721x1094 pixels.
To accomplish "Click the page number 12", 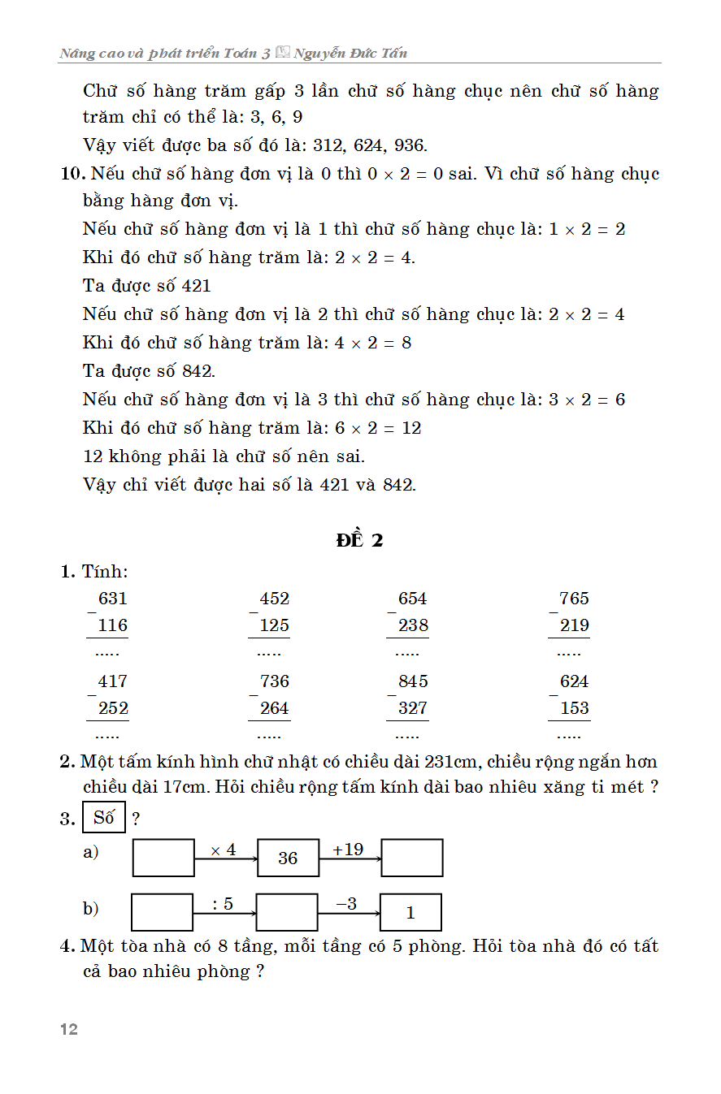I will click(69, 1030).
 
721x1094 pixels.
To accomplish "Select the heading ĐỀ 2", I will click(359, 540).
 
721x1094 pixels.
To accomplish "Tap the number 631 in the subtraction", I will click(112, 599).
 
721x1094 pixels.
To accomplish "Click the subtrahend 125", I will click(274, 626).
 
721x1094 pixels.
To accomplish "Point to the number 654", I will click(412, 599).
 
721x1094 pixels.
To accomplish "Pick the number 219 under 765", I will click(574, 626).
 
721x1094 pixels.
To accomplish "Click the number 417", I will click(112, 682).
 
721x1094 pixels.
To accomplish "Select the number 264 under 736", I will click(274, 709).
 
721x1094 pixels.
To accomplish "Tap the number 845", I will click(412, 682).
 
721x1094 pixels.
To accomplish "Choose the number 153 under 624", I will click(574, 709).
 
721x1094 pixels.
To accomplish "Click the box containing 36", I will click(288, 858).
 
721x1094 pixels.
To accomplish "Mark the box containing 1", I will click(410, 913).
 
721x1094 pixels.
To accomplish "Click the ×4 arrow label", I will click(223, 850).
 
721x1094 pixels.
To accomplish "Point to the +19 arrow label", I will click(348, 850).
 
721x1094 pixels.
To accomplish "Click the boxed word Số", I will click(104, 818).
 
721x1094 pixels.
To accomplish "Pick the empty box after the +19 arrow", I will click(412, 858).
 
